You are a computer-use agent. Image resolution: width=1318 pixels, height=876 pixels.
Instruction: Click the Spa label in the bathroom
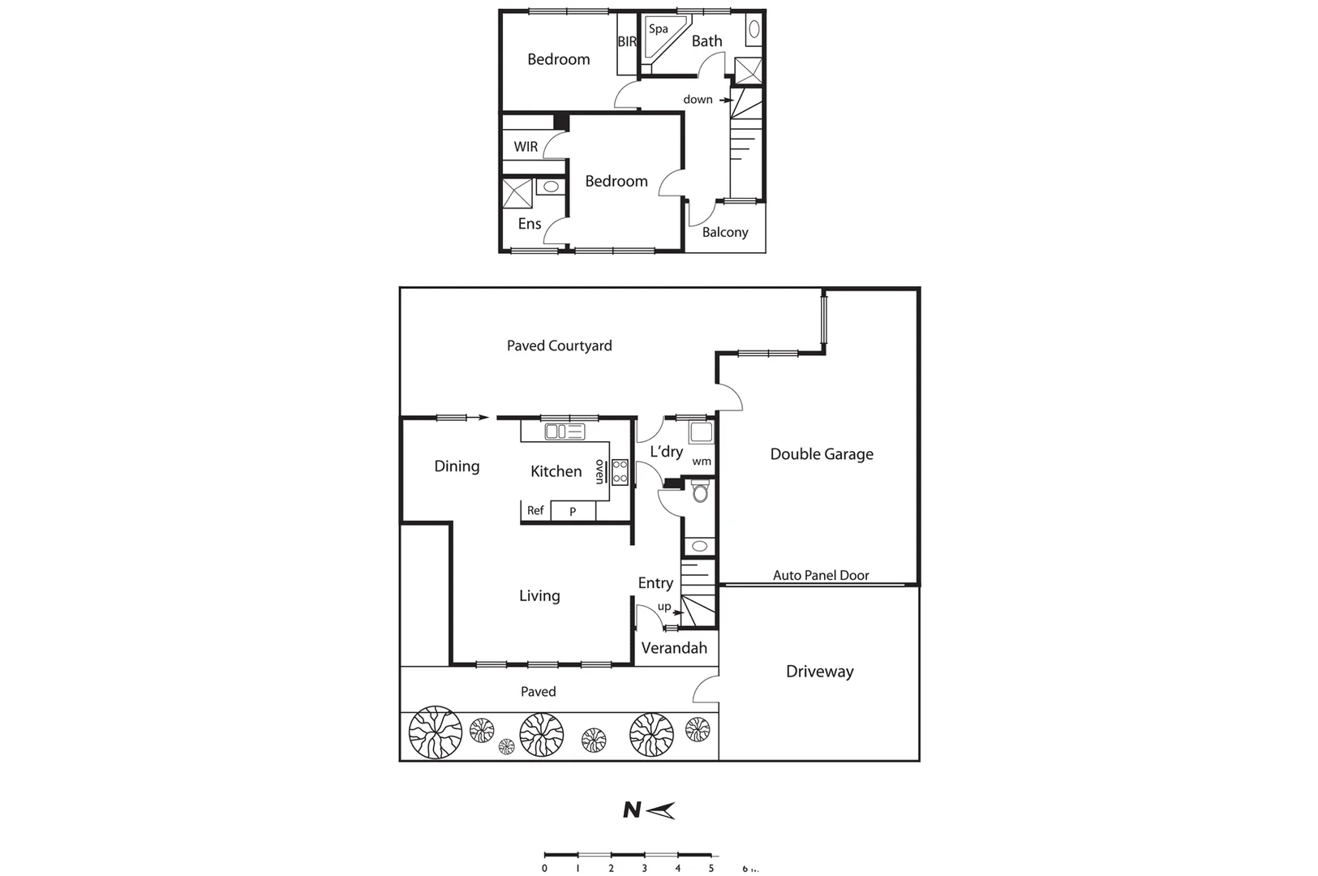click(658, 29)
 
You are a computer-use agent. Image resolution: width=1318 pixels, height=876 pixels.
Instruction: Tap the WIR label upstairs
click(526, 147)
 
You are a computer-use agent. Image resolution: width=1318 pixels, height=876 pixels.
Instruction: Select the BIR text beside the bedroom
click(627, 41)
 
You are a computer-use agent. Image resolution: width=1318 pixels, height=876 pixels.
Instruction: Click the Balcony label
click(724, 232)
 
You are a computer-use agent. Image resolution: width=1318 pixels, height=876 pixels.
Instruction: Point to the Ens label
click(529, 224)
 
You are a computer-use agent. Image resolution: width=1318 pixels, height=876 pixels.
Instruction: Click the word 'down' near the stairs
click(698, 99)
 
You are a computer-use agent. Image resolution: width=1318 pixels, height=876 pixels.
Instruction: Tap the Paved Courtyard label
click(559, 346)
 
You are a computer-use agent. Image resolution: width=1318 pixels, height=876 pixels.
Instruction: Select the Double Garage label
click(821, 454)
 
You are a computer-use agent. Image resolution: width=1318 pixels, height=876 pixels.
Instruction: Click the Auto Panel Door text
click(820, 575)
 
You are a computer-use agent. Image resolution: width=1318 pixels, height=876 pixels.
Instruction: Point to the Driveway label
click(819, 672)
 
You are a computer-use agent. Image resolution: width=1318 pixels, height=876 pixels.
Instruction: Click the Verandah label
click(674, 648)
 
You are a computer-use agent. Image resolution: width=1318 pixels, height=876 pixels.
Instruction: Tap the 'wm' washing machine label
click(702, 462)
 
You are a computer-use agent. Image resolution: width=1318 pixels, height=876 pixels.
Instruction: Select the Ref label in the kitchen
click(535, 510)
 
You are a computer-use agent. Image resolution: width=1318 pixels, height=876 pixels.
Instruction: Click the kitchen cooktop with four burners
click(620, 471)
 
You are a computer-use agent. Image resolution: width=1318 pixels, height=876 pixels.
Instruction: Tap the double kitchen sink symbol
click(565, 432)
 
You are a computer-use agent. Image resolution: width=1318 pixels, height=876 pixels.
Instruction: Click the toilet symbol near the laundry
click(701, 492)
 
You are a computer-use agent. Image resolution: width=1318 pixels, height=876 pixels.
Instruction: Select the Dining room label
click(457, 466)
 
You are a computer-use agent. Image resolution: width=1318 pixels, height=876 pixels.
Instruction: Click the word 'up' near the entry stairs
click(663, 607)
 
